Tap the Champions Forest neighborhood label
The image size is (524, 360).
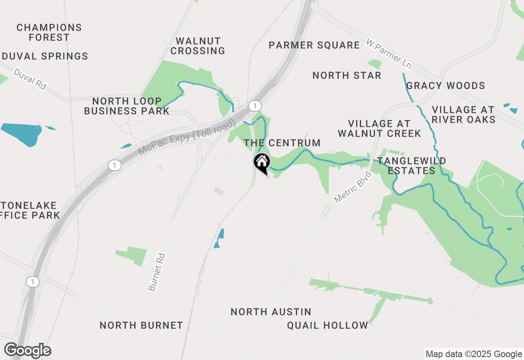point(49,33)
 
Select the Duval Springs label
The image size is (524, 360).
point(45,56)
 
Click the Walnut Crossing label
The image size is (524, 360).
point(198,46)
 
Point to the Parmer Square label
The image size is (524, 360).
point(314,45)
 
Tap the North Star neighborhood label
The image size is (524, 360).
point(347,75)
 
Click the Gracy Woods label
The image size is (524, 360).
point(445,85)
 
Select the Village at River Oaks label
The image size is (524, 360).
point(463,115)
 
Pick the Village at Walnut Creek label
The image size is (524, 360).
point(379,128)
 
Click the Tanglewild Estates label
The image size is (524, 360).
point(411,166)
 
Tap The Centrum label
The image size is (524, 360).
point(282,143)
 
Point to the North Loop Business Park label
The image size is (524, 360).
point(126,106)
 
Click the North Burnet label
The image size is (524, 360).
point(141,325)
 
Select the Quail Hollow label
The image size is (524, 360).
point(327,325)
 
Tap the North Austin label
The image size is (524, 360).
point(271,312)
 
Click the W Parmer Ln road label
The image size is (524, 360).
point(388,54)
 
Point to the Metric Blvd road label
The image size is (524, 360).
point(352,187)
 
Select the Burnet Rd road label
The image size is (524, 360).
point(157,272)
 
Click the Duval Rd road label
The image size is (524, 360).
point(30,79)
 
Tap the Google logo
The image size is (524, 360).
point(27,351)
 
